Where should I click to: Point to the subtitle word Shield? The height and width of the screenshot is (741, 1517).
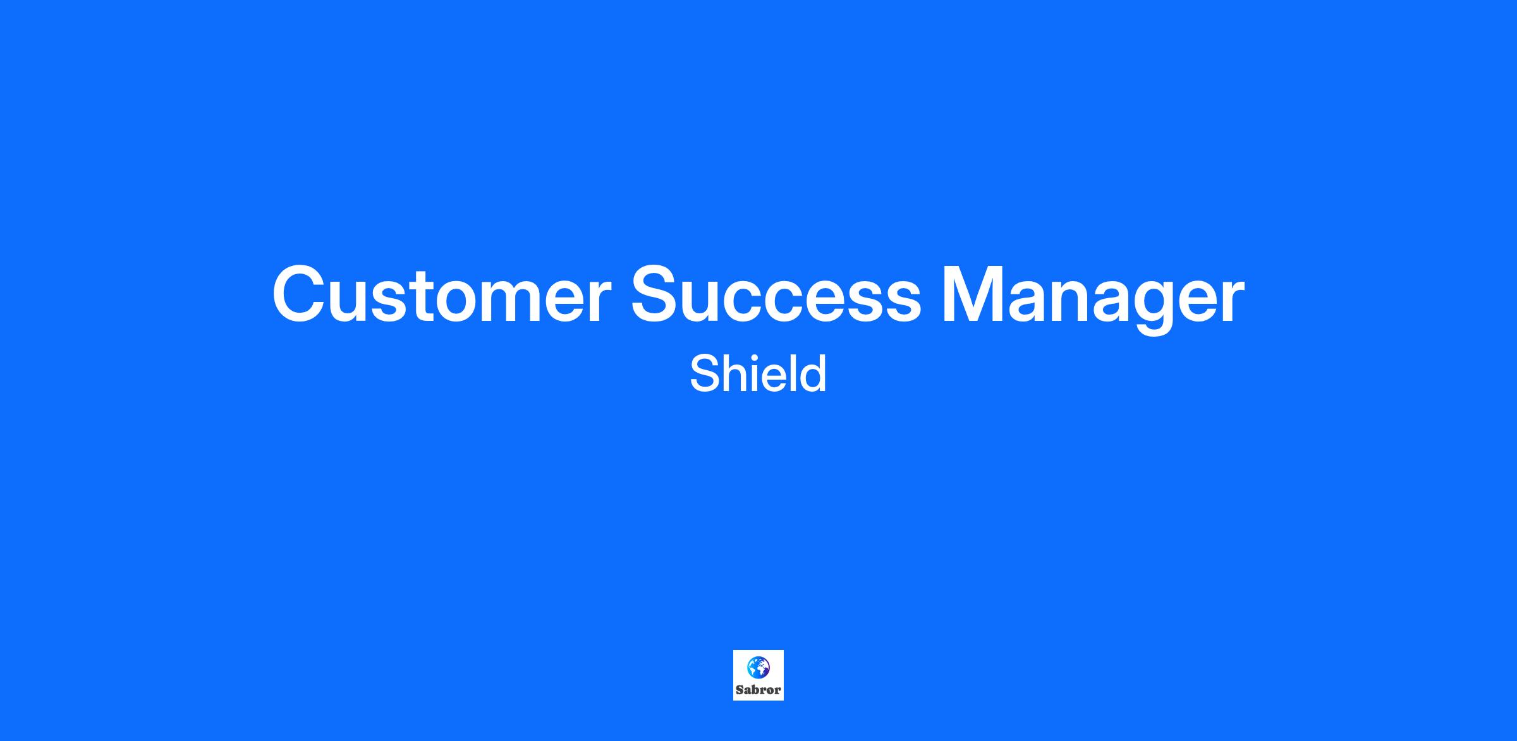tap(758, 373)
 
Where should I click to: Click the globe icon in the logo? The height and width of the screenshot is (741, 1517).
tap(758, 668)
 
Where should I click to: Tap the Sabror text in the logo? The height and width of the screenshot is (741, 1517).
tap(758, 690)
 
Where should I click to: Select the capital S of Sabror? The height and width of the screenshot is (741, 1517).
tap(740, 690)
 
